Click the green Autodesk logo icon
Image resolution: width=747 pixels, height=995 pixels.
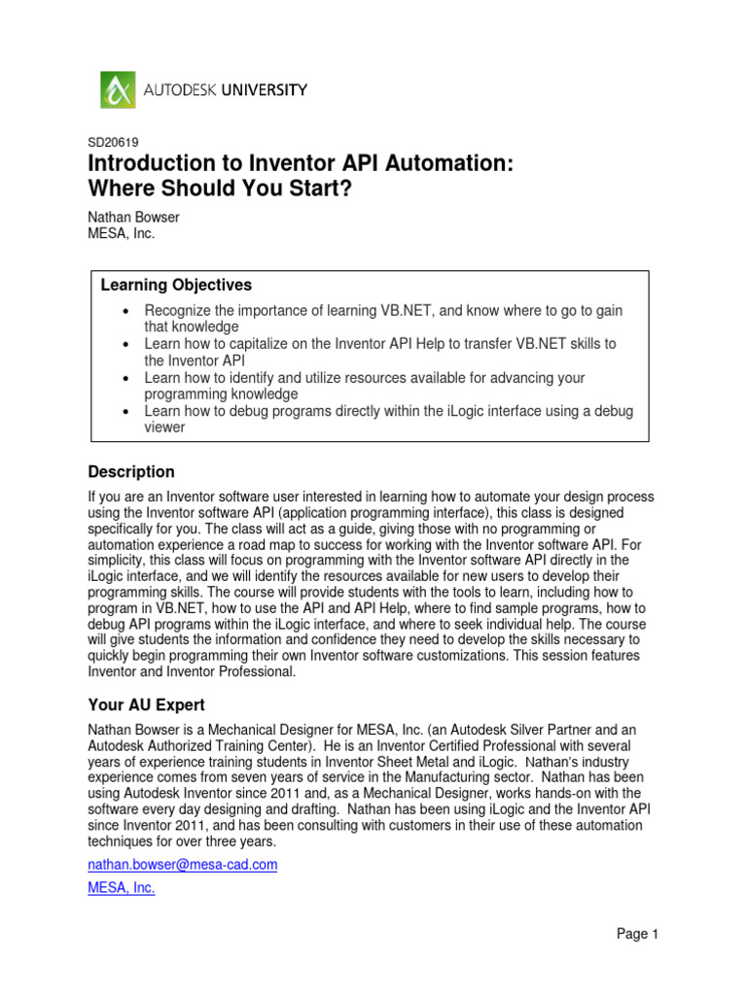click(119, 90)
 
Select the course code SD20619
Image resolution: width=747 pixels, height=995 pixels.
click(114, 143)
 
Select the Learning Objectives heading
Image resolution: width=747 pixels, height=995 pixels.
click(176, 285)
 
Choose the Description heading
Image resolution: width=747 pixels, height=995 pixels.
click(131, 472)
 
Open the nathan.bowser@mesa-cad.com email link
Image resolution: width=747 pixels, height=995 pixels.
click(183, 865)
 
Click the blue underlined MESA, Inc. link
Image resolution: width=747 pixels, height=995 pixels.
click(122, 887)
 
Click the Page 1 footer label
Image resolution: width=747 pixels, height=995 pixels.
click(638, 935)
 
